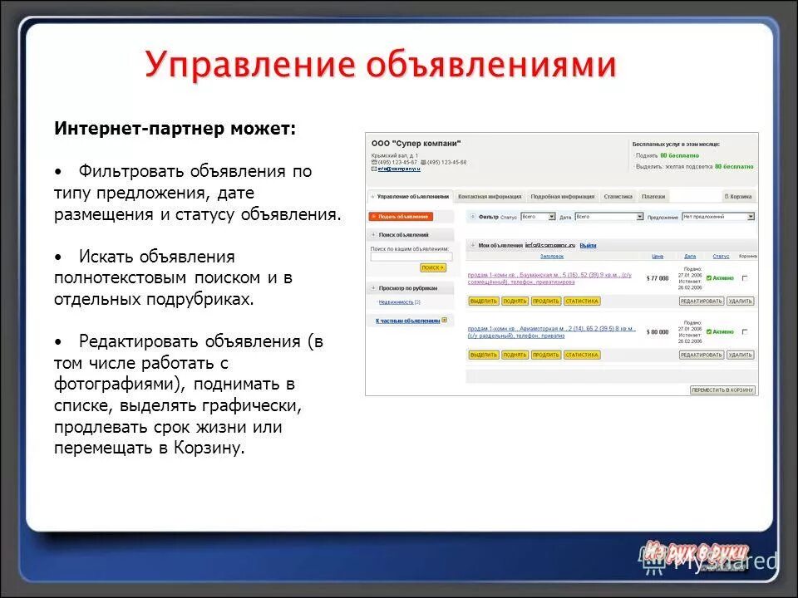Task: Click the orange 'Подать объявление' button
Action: click(401, 216)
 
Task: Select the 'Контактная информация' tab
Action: click(490, 197)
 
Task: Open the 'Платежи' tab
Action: click(653, 197)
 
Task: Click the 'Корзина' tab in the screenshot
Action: click(739, 197)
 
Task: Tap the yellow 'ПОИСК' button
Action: click(433, 267)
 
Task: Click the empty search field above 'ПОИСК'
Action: click(411, 257)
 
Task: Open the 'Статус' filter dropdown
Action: click(538, 217)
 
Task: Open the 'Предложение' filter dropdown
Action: click(718, 217)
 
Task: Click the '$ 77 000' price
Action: click(658, 278)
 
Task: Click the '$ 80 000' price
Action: click(658, 331)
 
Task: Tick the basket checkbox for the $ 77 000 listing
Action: click(744, 278)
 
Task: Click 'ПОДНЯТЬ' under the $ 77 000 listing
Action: click(515, 301)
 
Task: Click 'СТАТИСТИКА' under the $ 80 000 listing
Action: click(582, 355)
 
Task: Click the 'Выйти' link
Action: click(588, 245)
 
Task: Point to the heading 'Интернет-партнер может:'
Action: click(175, 129)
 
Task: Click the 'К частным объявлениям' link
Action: click(407, 320)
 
